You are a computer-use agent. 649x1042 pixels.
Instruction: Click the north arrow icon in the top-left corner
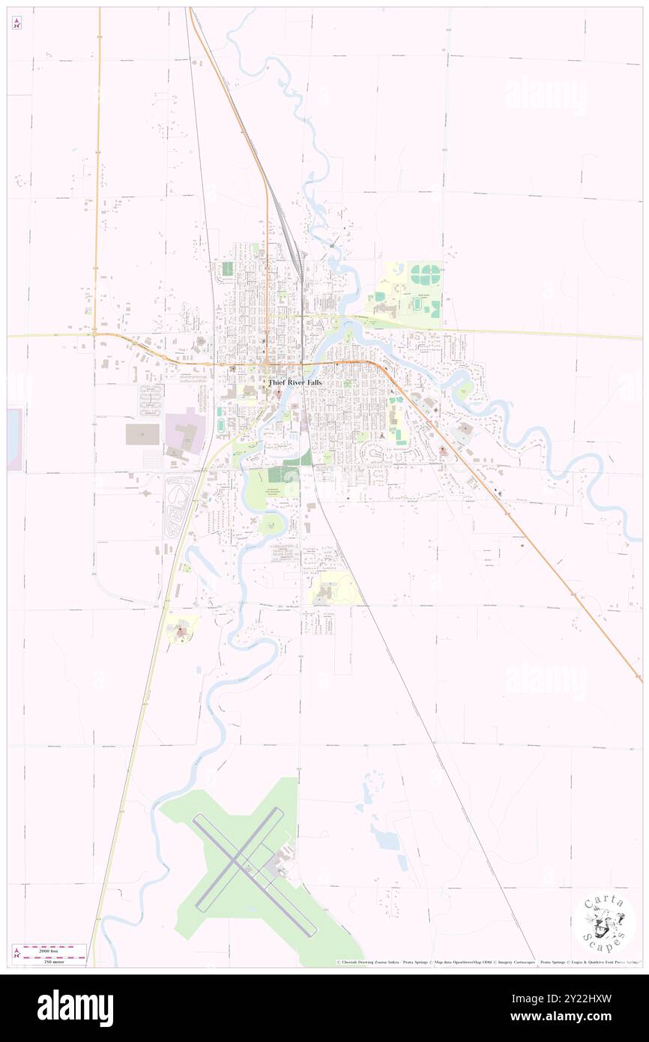click(16, 24)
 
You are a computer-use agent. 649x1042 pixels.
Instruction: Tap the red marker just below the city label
click(280, 393)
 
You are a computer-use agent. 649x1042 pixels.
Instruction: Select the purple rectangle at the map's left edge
click(14, 439)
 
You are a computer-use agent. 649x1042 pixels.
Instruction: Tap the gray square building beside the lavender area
click(142, 434)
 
